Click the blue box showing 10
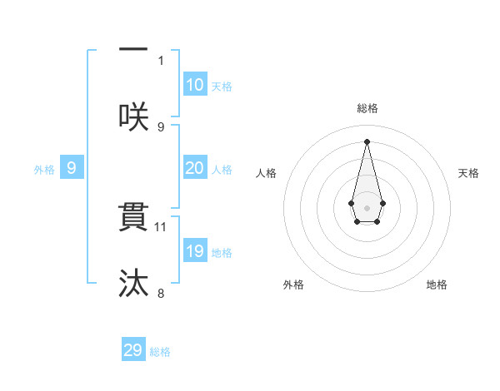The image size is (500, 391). point(194,85)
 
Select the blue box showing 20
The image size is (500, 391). point(194,168)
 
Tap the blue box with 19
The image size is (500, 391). point(194,251)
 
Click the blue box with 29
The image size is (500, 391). point(133,350)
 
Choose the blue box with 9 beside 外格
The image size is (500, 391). point(72,168)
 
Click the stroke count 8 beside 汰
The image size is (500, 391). point(161,292)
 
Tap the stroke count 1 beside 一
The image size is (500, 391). point(161,60)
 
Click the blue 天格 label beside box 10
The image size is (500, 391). point(222,87)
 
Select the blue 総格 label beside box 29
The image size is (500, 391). point(160,352)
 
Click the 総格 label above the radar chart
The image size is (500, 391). point(367,108)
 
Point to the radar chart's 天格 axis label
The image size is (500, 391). point(469,173)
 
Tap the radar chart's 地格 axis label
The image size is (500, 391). point(437,285)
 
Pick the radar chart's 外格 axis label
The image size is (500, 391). point(293,285)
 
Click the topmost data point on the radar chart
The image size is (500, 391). point(367,141)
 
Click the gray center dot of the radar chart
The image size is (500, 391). point(367,207)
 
